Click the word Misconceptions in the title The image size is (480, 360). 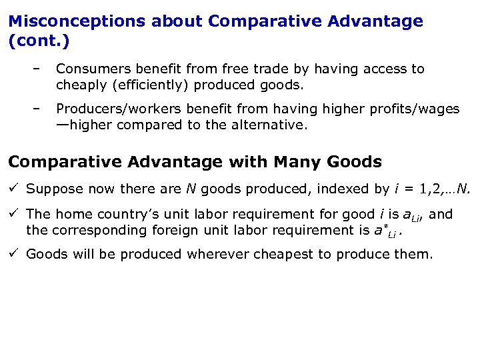click(77, 21)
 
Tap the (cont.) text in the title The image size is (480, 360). click(39, 40)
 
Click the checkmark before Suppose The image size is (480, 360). click(15, 189)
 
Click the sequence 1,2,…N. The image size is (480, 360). click(436, 189)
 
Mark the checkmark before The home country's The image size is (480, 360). click(15, 214)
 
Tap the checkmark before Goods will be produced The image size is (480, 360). click(15, 254)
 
